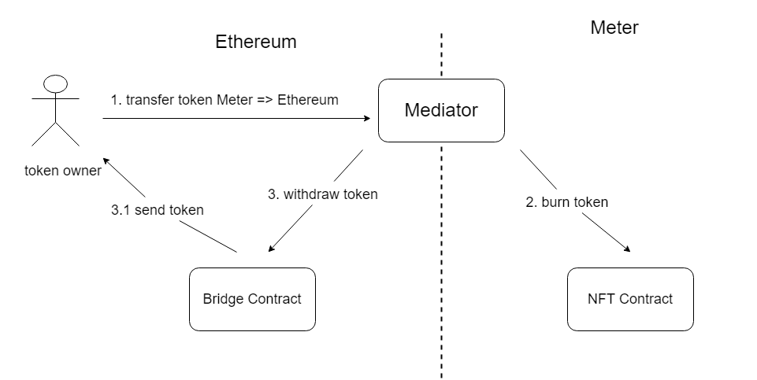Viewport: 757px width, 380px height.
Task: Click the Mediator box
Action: pyautogui.click(x=441, y=110)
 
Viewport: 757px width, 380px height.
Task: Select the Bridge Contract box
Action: pyautogui.click(x=252, y=299)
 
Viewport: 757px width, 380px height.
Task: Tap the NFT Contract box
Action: pyautogui.click(x=630, y=299)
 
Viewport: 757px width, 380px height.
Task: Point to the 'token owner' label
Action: pyautogui.click(x=63, y=171)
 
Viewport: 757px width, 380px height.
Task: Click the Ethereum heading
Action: pyautogui.click(x=256, y=42)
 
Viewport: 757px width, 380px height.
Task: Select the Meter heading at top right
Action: pyautogui.click(x=614, y=28)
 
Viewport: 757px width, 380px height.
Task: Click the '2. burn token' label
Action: pyautogui.click(x=566, y=202)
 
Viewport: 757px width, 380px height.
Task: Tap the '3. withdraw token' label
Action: pyautogui.click(x=322, y=194)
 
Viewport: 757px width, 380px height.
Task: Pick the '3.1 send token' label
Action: pyautogui.click(x=158, y=210)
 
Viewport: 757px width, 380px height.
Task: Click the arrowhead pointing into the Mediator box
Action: pyautogui.click(x=366, y=119)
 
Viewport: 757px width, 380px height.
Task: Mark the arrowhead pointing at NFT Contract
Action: pyautogui.click(x=627, y=249)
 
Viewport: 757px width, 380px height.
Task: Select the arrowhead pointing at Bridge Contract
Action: pyautogui.click(x=272, y=249)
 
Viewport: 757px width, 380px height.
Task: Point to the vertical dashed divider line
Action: pyautogui.click(x=441, y=236)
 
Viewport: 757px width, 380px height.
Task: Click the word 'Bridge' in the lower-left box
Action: pyautogui.click(x=224, y=299)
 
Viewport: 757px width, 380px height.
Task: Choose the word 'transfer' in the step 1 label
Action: pyautogui.click(x=150, y=100)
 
